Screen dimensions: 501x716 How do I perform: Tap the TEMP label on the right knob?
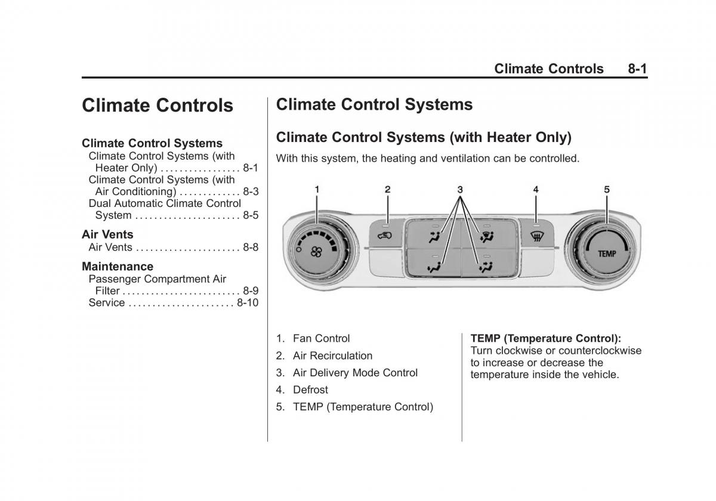tap(606, 253)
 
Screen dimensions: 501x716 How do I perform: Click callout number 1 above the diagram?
tap(317, 190)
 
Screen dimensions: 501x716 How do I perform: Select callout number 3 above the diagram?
tap(460, 190)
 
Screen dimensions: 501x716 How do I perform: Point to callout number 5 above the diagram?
tap(606, 190)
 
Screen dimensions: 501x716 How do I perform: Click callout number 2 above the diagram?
tap(387, 190)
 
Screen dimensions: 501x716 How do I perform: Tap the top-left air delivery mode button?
tap(431, 236)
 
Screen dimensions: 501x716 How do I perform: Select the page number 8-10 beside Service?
tap(248, 303)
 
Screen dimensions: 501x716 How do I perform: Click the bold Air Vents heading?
tap(107, 234)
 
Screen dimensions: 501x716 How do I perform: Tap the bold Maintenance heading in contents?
tap(118, 267)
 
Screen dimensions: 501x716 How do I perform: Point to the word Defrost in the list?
tap(310, 390)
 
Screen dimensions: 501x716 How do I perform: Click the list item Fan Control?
tap(321, 339)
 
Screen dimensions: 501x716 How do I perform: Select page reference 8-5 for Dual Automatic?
tap(251, 215)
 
